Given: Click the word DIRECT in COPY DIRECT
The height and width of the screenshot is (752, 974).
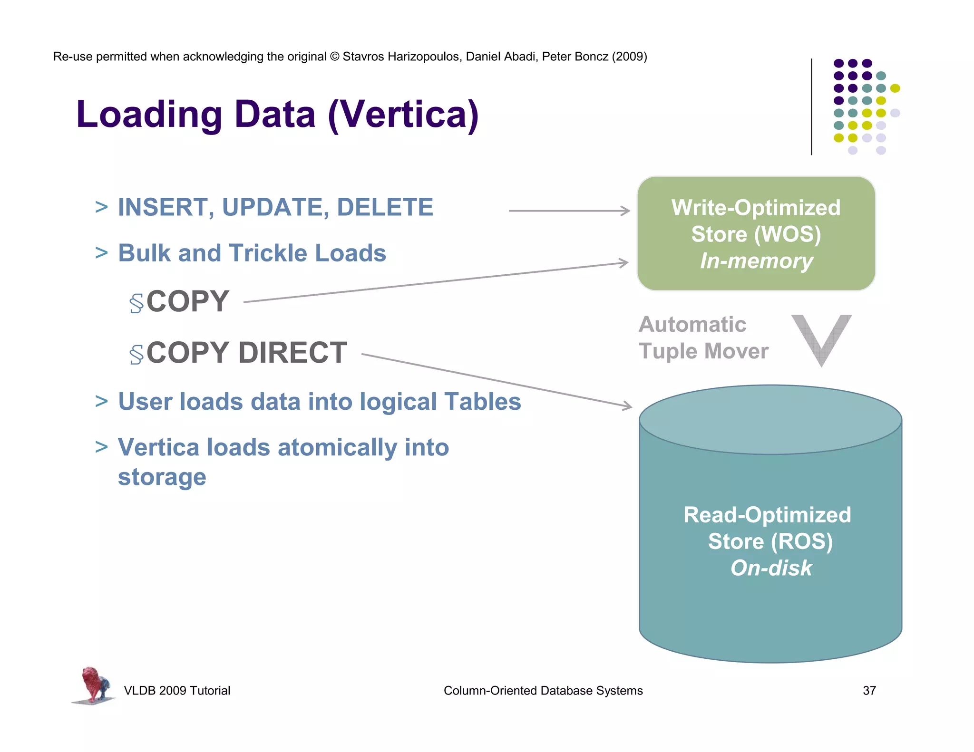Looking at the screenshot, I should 292,353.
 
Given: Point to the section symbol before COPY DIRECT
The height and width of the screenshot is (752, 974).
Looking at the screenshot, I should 136,355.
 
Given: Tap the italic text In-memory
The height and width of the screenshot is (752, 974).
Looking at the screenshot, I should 756,261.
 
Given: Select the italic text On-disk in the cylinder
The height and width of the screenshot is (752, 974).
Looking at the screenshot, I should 771,568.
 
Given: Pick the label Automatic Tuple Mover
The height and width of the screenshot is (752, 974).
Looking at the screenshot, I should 703,338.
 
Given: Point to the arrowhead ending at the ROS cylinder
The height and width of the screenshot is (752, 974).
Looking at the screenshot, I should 627,405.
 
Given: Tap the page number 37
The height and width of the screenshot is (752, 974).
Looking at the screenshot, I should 869,691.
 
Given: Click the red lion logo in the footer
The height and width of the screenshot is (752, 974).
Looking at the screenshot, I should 94,685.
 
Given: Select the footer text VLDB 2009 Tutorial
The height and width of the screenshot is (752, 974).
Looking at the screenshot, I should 177,691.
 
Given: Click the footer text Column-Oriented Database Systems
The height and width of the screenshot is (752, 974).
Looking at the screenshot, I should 543,691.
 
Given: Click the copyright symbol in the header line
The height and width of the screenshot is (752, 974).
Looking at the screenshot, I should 335,57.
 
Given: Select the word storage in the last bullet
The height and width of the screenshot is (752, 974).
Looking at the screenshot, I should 162,477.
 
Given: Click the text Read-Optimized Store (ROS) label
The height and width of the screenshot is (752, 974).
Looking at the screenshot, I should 768,528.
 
